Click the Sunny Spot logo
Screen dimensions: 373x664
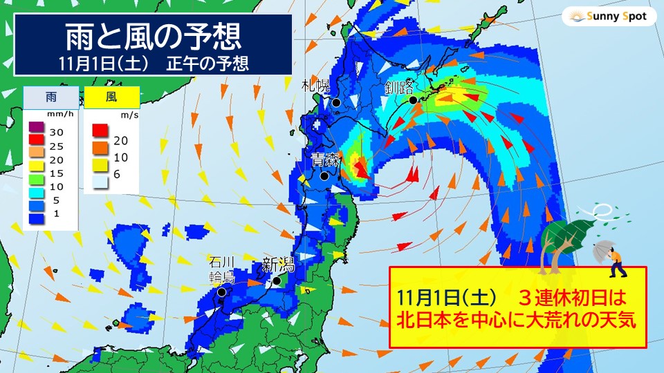(x=609, y=16)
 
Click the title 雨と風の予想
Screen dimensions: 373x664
(x=153, y=34)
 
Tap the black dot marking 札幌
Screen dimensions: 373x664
(x=336, y=103)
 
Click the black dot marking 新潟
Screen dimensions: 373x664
(x=277, y=281)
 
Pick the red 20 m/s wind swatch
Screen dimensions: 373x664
(x=99, y=129)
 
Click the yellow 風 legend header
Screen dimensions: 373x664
(x=111, y=97)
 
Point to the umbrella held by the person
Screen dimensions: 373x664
(x=603, y=247)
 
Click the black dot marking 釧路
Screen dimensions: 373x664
(x=413, y=100)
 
